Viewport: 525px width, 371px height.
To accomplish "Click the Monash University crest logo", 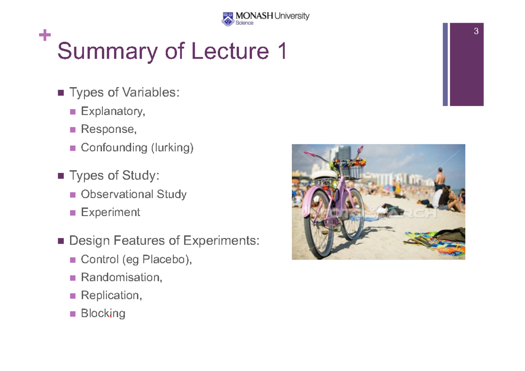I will click(227, 18).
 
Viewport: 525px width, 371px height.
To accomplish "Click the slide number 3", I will click(476, 31).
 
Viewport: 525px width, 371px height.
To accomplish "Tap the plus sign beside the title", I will click(45, 35).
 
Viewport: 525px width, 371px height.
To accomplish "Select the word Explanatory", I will click(112, 112).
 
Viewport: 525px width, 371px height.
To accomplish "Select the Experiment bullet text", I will click(110, 212).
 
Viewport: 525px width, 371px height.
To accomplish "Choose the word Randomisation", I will click(121, 277).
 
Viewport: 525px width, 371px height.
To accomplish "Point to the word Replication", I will click(111, 295).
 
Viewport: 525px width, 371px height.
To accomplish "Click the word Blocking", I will click(103, 313).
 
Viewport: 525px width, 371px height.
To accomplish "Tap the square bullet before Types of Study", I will click(61, 176).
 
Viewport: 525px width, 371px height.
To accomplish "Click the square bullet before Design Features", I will click(61, 241).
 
